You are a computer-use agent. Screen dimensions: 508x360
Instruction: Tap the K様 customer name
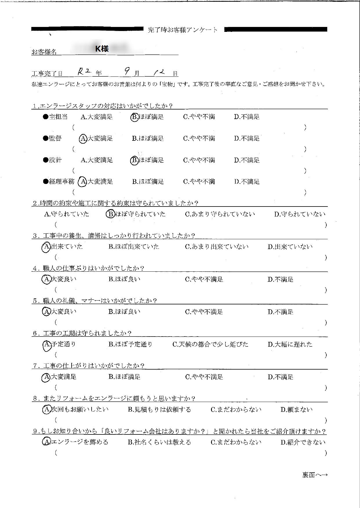[102, 49]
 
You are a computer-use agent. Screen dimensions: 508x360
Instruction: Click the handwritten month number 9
[127, 72]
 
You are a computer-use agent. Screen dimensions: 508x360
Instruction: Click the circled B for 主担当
[134, 117]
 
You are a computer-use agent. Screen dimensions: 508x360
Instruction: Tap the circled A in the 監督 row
[83, 139]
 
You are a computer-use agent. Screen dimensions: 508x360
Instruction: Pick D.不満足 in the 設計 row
[247, 160]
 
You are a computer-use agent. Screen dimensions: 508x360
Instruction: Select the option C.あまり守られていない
[220, 214]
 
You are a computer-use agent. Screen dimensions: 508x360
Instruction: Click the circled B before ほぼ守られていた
[110, 214]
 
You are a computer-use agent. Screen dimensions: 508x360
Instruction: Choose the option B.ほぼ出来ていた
[134, 247]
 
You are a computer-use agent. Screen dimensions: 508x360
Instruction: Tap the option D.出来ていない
[290, 247]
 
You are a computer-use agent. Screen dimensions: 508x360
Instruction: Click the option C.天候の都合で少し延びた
[210, 344]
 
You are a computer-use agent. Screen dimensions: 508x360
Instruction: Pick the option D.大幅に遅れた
[290, 344]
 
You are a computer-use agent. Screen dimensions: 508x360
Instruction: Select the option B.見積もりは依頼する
[159, 410]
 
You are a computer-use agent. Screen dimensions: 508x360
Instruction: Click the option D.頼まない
[297, 410]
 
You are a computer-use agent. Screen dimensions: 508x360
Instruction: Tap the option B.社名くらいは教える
[159, 442]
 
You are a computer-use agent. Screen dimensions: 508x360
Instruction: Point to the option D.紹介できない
[303, 442]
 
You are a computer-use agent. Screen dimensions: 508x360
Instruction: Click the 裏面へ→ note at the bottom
[315, 475]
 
